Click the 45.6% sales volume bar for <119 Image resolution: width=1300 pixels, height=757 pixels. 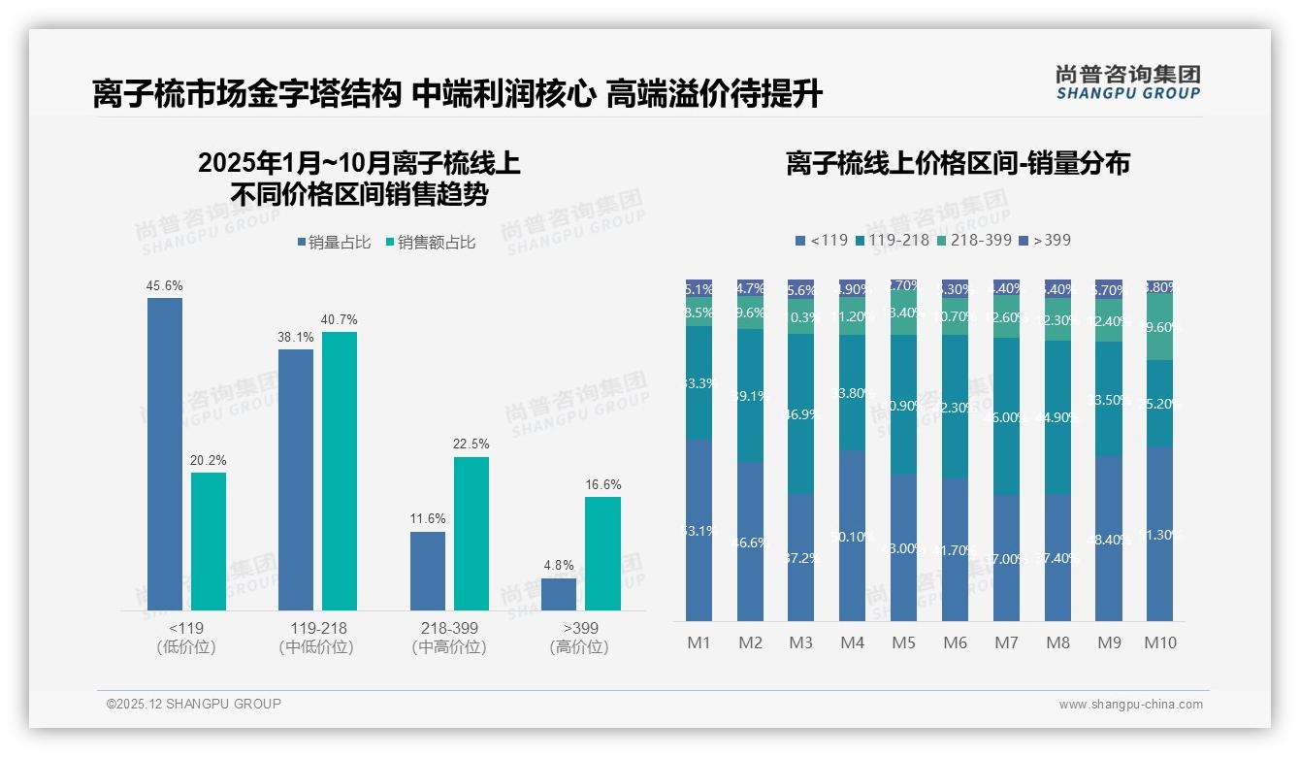[165, 454]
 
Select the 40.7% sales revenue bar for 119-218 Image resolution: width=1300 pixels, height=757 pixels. [340, 471]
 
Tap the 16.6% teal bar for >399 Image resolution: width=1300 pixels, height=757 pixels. [602, 553]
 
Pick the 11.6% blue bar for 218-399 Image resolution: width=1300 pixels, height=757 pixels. [428, 571]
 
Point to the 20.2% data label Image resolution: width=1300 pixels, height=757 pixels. [209, 461]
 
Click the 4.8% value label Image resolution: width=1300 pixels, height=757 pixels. [558, 566]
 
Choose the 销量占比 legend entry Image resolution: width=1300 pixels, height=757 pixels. [334, 243]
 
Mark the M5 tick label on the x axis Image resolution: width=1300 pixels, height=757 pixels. [903, 642]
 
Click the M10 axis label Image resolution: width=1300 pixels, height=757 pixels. [1160, 642]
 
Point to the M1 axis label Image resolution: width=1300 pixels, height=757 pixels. [699, 642]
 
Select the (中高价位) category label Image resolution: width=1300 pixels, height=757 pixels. [449, 647]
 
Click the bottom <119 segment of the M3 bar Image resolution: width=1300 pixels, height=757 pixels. [800, 557]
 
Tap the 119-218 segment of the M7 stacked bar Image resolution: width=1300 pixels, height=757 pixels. [1006, 416]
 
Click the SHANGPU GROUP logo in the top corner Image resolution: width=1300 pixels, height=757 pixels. [1127, 82]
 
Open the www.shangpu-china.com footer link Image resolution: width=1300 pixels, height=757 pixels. [1130, 705]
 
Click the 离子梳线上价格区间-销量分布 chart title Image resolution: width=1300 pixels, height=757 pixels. [958, 163]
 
